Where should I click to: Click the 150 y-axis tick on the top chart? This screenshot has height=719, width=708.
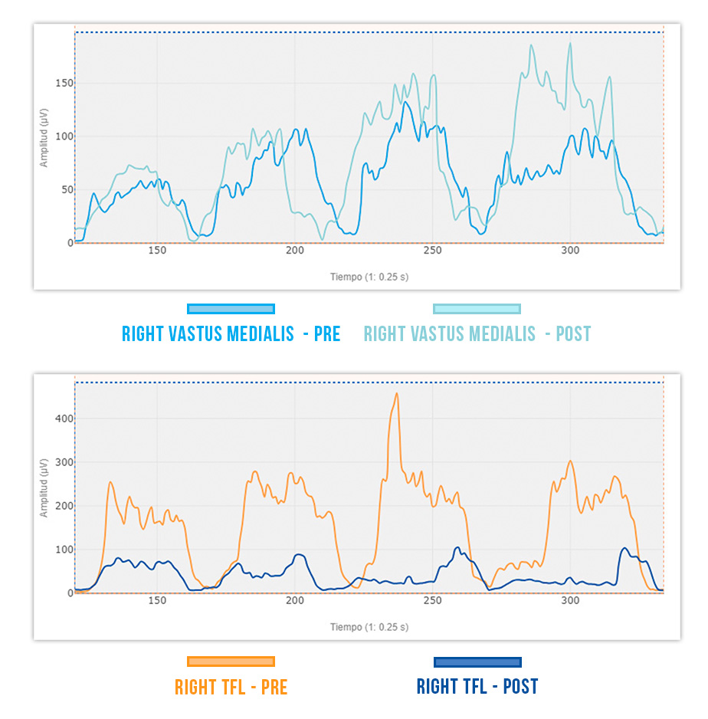pyautogui.click(x=64, y=83)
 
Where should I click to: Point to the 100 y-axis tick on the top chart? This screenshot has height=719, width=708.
pyautogui.click(x=64, y=136)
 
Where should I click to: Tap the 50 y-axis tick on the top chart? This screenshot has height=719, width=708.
pyautogui.click(x=66, y=189)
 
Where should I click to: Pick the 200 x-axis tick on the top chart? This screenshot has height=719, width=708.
pyautogui.click(x=294, y=251)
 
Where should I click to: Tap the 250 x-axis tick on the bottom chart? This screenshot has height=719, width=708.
pyautogui.click(x=432, y=601)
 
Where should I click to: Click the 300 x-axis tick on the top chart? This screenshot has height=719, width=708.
pyautogui.click(x=570, y=251)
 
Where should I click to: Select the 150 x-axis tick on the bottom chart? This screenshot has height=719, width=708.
pyautogui.click(x=156, y=601)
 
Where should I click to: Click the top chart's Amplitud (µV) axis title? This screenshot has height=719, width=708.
pyautogui.click(x=45, y=138)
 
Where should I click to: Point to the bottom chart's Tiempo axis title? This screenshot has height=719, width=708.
pyautogui.click(x=369, y=627)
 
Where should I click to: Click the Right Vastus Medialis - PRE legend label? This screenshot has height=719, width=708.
pyautogui.click(x=231, y=334)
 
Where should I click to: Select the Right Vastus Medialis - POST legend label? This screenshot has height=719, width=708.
pyautogui.click(x=477, y=334)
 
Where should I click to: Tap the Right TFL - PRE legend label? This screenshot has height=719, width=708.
pyautogui.click(x=231, y=687)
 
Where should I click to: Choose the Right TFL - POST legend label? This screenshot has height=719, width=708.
pyautogui.click(x=477, y=687)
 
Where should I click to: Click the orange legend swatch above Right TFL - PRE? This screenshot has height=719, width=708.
pyautogui.click(x=231, y=662)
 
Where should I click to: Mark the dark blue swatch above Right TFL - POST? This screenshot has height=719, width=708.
pyautogui.click(x=477, y=662)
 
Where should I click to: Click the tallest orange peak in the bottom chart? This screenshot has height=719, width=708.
pyautogui.click(x=396, y=394)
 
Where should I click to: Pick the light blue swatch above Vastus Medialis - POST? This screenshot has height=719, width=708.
pyautogui.click(x=477, y=309)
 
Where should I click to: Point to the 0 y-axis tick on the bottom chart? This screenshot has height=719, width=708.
pyautogui.click(x=69, y=593)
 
